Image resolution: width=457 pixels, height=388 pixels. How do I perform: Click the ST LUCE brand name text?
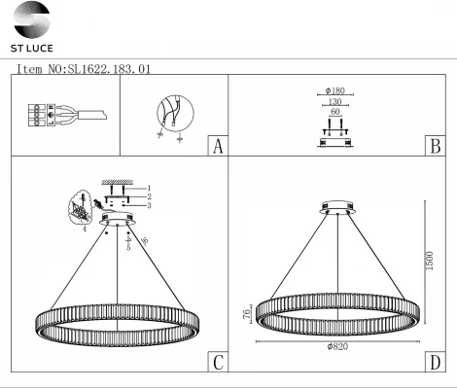[x=32, y=47]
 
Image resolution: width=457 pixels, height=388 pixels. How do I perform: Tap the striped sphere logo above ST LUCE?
[x=30, y=19]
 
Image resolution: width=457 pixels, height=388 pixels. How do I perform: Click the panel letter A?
[x=218, y=147]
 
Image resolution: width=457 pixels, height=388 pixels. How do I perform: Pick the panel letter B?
[x=435, y=147]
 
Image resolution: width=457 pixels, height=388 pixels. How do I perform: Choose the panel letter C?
[x=218, y=363]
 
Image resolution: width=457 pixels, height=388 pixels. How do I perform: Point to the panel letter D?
[x=435, y=363]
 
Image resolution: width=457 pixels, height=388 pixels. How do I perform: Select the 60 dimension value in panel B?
[x=335, y=114]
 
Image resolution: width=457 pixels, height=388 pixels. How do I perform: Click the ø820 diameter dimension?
[x=336, y=347]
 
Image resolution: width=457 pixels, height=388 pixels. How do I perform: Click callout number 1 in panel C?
[x=149, y=187]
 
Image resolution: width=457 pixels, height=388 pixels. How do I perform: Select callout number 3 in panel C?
[x=149, y=205]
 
